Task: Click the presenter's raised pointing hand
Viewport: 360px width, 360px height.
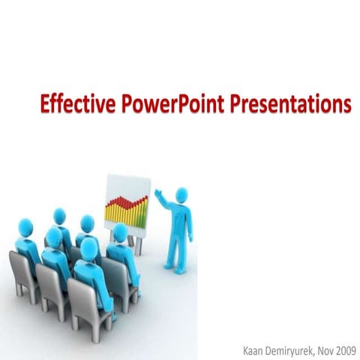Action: pos(157,193)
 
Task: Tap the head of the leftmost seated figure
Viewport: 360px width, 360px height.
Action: pos(25,226)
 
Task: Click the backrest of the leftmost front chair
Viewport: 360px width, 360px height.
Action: pos(22,270)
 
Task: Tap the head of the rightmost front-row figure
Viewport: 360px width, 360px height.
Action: pos(89,247)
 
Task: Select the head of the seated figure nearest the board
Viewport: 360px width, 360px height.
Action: pos(119,232)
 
